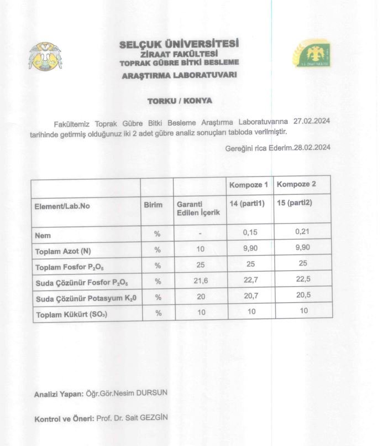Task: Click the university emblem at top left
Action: pos(45,55)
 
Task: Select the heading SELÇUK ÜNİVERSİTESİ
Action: pos(180,44)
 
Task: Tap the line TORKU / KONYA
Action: pos(180,101)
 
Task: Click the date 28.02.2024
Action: pos(312,147)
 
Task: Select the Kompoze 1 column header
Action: pos(249,185)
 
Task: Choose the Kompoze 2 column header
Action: pos(296,185)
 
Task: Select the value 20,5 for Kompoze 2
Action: pos(303,295)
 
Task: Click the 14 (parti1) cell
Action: pos(247,203)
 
